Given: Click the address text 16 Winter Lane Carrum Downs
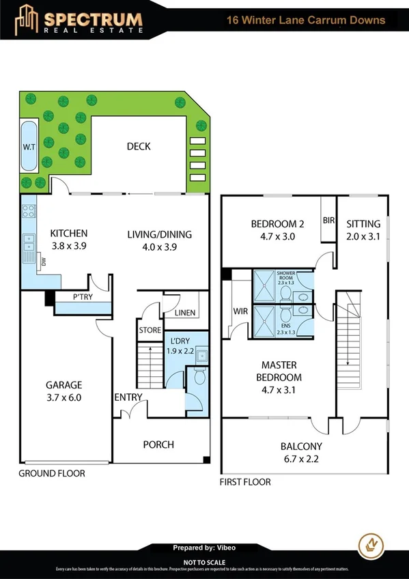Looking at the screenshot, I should tap(305, 20).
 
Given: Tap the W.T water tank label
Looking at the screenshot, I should tap(29, 147).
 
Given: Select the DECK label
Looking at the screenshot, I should tap(139, 146).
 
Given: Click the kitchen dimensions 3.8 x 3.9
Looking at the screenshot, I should tap(69, 247).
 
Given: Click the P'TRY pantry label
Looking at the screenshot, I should tap(83, 298).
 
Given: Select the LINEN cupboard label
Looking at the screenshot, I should tap(184, 313).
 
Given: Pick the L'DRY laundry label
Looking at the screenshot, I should tap(180, 341).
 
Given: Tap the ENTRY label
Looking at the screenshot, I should tap(128, 397).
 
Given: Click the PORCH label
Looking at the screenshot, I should tap(158, 444).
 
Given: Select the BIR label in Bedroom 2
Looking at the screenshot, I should tap(328, 221).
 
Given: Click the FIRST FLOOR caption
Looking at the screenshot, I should tap(245, 482).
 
